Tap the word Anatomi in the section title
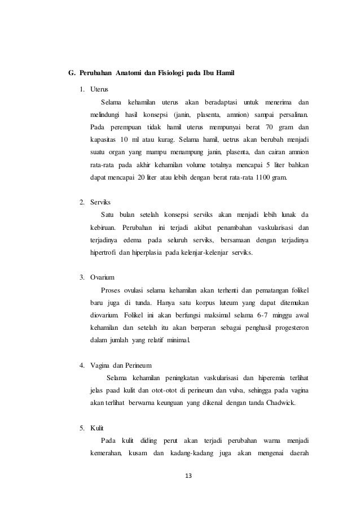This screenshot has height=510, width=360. [x=129, y=73]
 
